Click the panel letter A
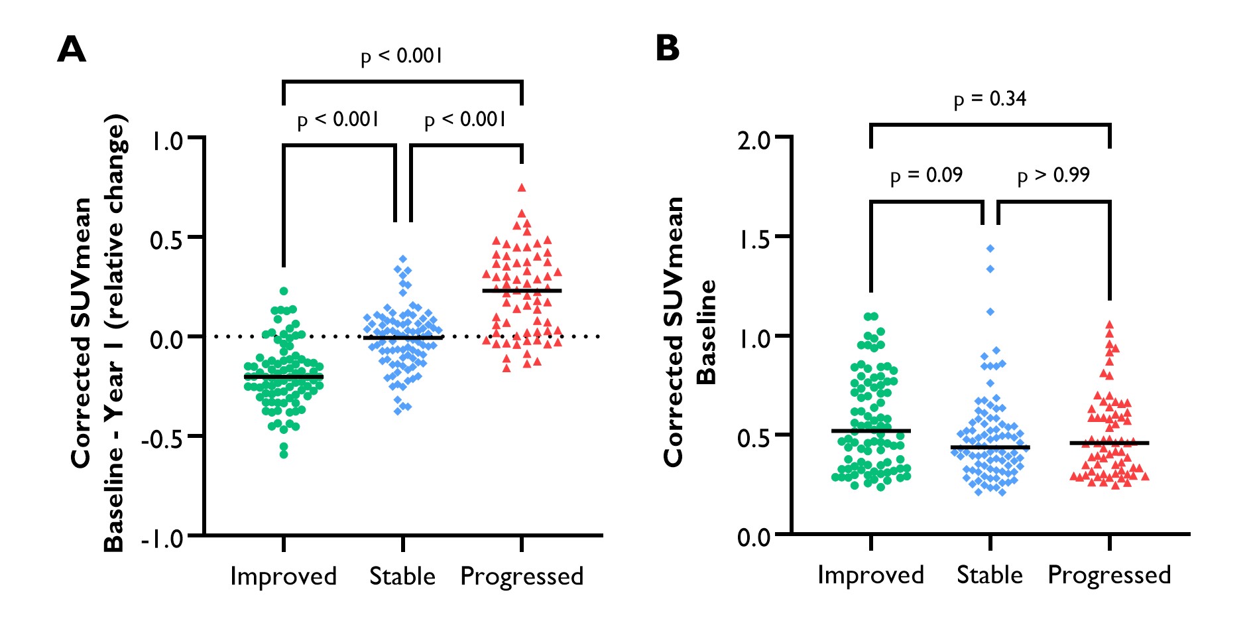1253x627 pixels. pyautogui.click(x=72, y=50)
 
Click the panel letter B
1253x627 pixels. pyautogui.click(x=668, y=48)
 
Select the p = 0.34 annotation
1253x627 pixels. pyautogui.click(x=990, y=99)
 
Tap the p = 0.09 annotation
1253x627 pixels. pyautogui.click(x=926, y=176)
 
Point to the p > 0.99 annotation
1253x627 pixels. pyautogui.click(x=1053, y=176)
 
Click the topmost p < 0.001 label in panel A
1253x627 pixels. pyautogui.click(x=401, y=56)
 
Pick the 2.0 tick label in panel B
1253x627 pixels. pyautogui.click(x=754, y=140)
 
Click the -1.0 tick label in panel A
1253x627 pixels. pyautogui.click(x=162, y=538)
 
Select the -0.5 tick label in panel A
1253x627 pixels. pyautogui.click(x=162, y=438)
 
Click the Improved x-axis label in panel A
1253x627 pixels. pyautogui.click(x=283, y=576)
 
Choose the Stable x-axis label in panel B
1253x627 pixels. pyautogui.click(x=990, y=575)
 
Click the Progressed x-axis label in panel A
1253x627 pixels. pyautogui.click(x=522, y=576)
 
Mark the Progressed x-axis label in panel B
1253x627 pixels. pyautogui.click(x=1109, y=575)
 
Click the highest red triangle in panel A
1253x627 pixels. pyautogui.click(x=522, y=188)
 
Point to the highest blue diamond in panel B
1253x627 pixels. pyautogui.click(x=990, y=249)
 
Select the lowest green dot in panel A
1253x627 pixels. pyautogui.click(x=284, y=454)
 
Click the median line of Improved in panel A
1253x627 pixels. pyautogui.click(x=284, y=377)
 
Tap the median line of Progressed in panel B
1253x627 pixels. pyautogui.click(x=1109, y=443)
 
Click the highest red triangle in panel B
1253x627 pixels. pyautogui.click(x=1109, y=325)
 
